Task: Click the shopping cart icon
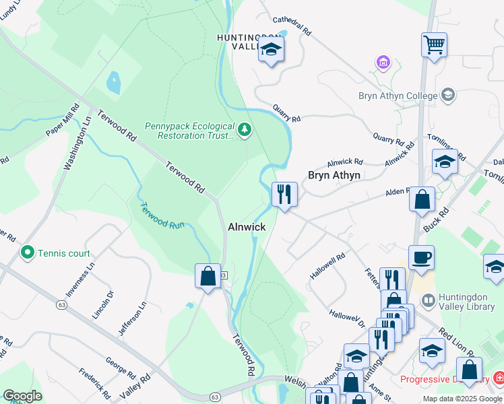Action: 435,46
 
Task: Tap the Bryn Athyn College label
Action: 398,96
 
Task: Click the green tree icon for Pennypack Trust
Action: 245,129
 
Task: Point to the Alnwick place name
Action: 246,228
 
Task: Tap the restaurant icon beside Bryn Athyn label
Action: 284,195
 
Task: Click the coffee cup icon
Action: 421,258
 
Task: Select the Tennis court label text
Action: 65,253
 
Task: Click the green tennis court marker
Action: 28,253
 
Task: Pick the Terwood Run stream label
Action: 162,213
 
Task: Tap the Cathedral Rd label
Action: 292,26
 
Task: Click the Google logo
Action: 22,396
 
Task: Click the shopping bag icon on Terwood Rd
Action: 208,276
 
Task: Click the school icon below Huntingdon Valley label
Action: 271,50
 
